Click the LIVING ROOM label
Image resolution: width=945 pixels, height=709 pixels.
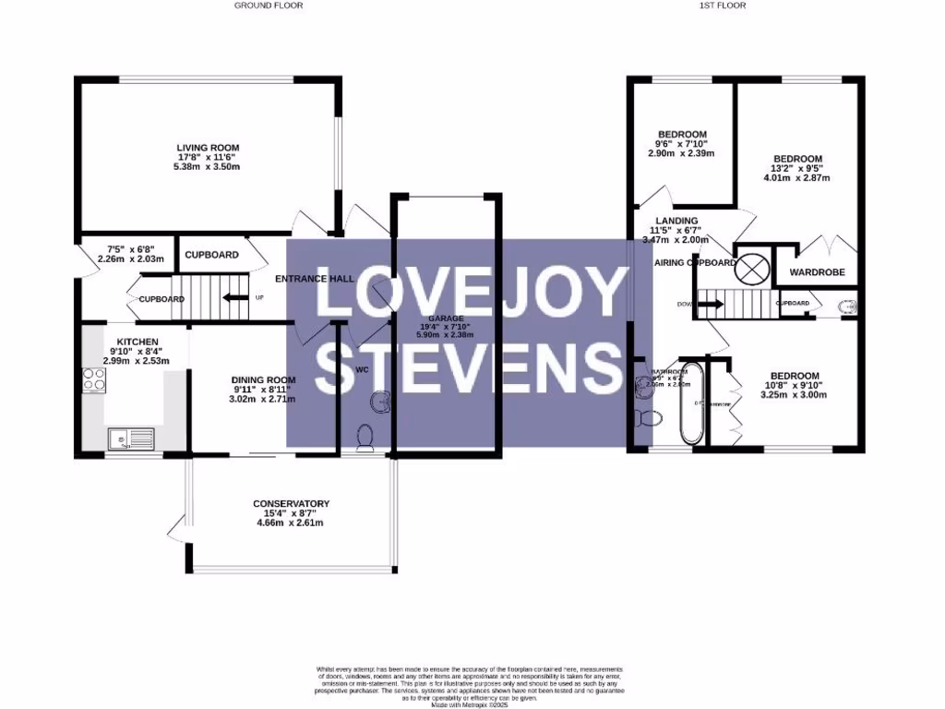[209, 147]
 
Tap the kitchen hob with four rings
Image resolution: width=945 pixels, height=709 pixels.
[95, 379]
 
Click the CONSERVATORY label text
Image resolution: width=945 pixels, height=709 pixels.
[291, 503]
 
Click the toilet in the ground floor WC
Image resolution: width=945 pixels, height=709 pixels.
[365, 438]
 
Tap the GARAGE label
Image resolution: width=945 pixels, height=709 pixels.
[433, 318]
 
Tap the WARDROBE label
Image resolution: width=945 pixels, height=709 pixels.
[810, 272]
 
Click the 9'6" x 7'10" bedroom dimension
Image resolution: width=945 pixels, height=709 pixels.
[681, 143]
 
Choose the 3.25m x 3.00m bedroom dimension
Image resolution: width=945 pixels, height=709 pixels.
[792, 394]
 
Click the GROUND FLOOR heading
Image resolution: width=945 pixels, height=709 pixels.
[269, 6]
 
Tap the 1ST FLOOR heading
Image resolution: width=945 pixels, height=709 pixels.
[723, 6]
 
